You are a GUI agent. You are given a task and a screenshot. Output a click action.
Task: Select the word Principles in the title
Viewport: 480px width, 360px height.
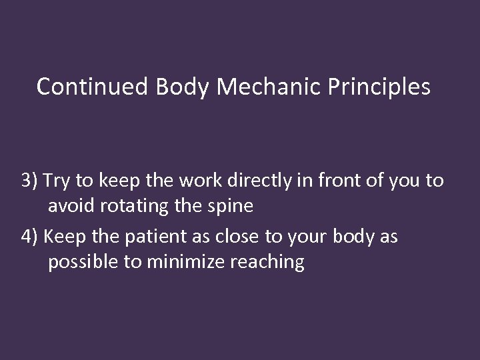coord(379,87)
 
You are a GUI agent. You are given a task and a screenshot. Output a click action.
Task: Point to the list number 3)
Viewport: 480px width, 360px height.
coord(30,181)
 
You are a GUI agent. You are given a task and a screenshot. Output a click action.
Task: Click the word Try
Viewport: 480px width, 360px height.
coord(59,181)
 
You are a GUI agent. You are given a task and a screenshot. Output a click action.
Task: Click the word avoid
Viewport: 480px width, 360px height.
coord(71,206)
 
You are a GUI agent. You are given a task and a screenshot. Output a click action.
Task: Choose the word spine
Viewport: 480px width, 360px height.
coord(230,206)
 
